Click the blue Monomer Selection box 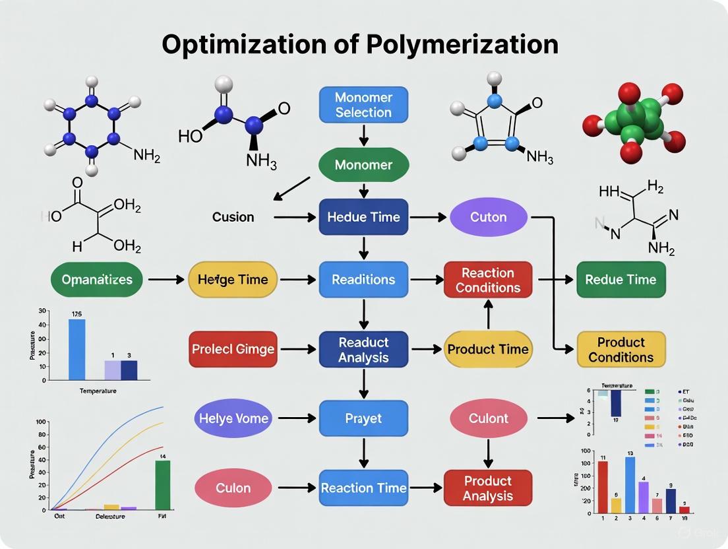coord(363,105)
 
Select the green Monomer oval coord(363,165)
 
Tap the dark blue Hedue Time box coord(363,216)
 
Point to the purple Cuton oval coord(488,216)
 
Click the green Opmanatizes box coord(96,280)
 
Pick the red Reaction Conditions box coord(488,280)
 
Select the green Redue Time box coord(621,280)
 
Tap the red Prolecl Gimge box coord(233,349)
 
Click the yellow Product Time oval coord(488,349)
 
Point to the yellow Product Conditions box coord(621,349)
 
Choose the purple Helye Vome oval coord(234,418)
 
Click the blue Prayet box coord(363,418)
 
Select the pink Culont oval coord(488,418)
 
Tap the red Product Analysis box coord(488,488)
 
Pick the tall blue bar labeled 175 coord(76,350)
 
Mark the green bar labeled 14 coord(162,485)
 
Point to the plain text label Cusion coord(233,217)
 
